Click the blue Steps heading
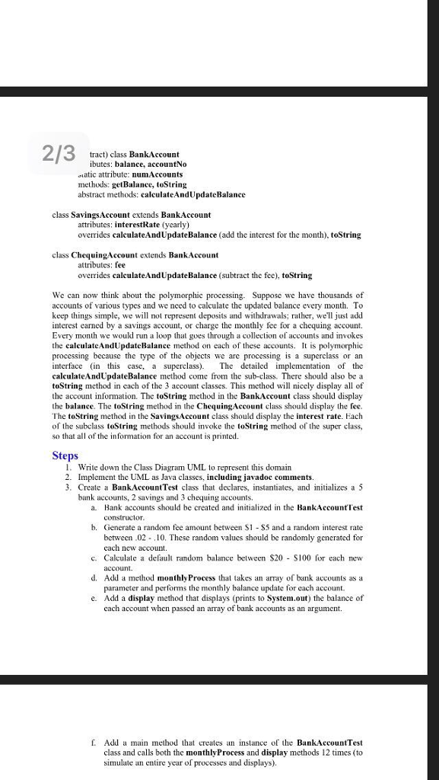point(65,455)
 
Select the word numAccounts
point(155,174)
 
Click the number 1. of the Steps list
point(68,466)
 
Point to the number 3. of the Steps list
point(68,486)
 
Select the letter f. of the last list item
point(92,742)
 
